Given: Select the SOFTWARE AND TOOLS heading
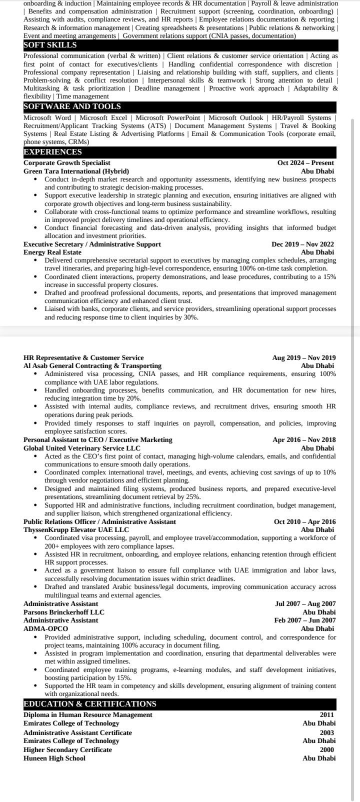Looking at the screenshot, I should [72, 106].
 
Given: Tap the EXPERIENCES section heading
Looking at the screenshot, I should [52, 152].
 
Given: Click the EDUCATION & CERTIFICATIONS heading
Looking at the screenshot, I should [90, 704].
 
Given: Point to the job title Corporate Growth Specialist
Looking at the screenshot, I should [67, 163].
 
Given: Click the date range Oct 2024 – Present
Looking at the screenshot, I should [305, 163].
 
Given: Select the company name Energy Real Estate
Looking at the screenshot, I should [52, 252].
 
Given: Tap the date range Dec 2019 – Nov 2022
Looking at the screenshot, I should [302, 244].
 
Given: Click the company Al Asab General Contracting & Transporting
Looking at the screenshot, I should [92, 366].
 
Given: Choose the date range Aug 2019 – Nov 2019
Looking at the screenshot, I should [304, 358].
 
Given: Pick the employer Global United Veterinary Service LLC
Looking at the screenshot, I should [82, 448].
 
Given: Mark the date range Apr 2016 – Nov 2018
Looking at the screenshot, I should [304, 440].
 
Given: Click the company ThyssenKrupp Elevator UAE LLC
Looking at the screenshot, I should [76, 530].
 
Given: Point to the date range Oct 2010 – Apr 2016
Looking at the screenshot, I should [304, 522].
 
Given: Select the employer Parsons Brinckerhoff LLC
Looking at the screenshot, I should [64, 612].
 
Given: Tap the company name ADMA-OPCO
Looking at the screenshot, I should [45, 628].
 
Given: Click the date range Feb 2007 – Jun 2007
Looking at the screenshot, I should [305, 620].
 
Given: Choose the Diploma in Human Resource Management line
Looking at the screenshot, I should [88, 715].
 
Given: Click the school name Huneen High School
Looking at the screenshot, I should [54, 758].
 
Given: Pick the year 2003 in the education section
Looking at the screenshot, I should [327, 733].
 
